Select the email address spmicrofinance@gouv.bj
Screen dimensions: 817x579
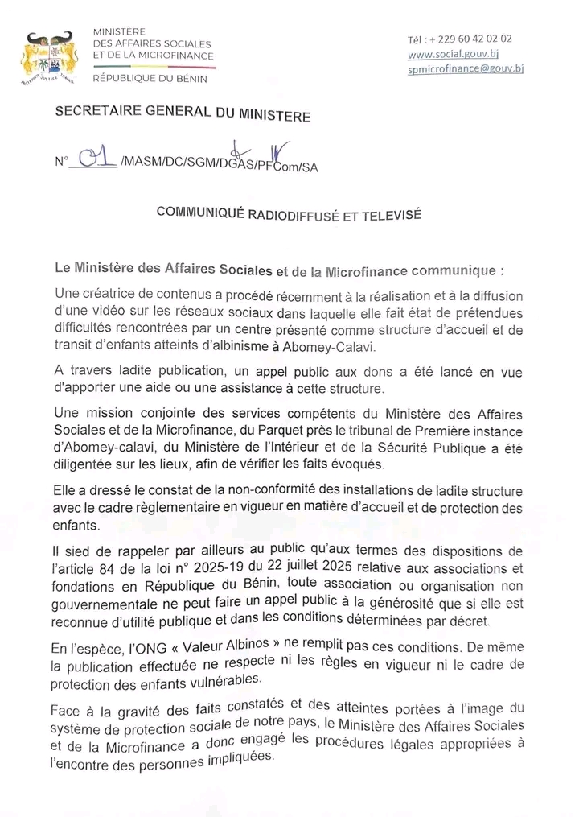tap(466, 69)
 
